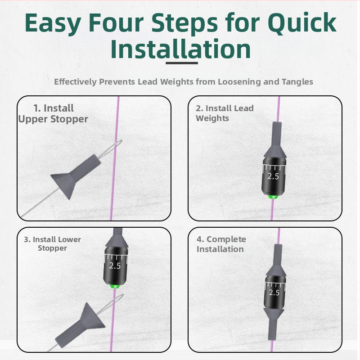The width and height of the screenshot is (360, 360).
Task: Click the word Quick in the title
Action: pos(302,23)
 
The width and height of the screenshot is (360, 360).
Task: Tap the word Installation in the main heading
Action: pos(180,49)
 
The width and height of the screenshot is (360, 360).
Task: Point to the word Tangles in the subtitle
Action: pos(297,82)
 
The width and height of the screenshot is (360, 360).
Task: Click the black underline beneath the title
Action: pos(182,63)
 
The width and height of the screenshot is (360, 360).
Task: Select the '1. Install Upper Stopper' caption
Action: pos(53,114)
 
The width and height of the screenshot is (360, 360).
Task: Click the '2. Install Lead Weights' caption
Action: pos(225,113)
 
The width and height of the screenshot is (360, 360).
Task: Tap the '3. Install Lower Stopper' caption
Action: pos(52,243)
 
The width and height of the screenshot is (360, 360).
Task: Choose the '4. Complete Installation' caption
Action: pos(221,244)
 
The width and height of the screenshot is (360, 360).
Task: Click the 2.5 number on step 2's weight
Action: pos(273,176)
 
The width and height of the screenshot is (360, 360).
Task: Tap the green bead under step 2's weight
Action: pos(273,197)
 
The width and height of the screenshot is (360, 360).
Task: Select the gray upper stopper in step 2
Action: pos(275,140)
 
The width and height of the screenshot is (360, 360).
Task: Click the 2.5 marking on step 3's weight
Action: pos(115,265)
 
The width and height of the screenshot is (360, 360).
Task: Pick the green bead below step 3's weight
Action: pos(114,286)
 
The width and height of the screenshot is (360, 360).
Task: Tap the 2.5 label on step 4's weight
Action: pos(274,292)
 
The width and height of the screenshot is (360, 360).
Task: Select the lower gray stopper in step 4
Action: pos(273,324)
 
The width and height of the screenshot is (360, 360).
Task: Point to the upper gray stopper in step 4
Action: pos(276,261)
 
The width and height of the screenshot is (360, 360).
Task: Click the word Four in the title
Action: pos(116,23)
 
